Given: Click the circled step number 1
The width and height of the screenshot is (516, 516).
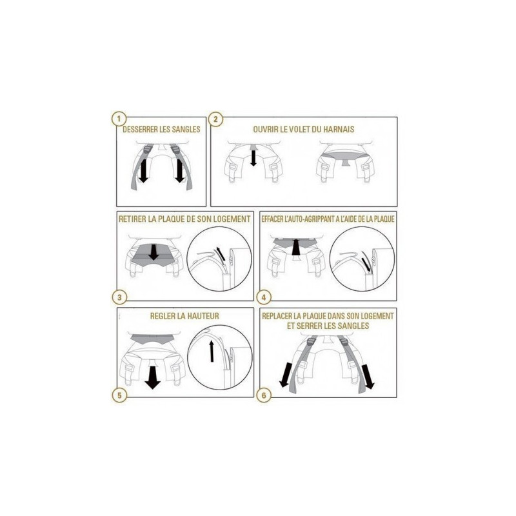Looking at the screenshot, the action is [x=119, y=119].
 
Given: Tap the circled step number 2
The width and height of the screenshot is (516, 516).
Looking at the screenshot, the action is [x=215, y=119].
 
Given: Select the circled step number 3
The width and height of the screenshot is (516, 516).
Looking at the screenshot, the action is [x=119, y=297].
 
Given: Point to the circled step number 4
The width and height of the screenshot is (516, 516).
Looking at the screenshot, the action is [x=264, y=297].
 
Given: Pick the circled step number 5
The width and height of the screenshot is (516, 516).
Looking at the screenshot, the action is [x=119, y=395].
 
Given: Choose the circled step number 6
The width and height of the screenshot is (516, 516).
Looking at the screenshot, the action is [x=264, y=395].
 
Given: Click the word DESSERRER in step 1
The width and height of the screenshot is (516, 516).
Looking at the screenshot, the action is [x=140, y=130].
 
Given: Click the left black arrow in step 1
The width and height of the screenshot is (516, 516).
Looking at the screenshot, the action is [x=143, y=171].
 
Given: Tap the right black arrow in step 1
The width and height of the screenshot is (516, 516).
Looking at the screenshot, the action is [x=180, y=171].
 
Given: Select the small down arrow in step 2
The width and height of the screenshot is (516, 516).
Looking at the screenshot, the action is [x=253, y=157].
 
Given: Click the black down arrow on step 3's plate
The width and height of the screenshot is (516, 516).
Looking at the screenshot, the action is [x=154, y=252].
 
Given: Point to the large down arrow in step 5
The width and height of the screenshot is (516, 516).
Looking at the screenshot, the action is [x=152, y=378].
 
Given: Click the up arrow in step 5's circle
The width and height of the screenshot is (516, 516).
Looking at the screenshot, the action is [x=212, y=351].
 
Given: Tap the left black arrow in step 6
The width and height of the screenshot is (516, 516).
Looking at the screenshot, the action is [x=285, y=375].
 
